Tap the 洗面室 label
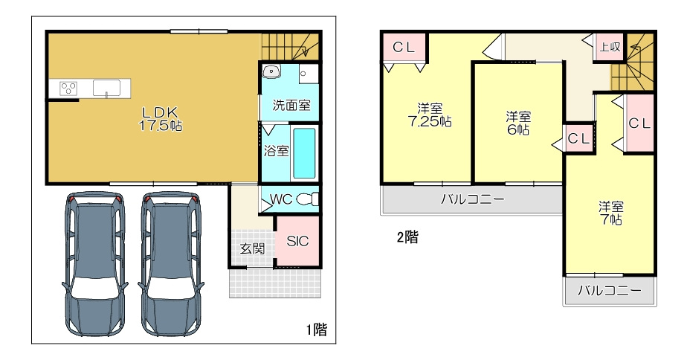click(x=291, y=105)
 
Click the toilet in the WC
click(x=308, y=199)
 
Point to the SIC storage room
click(x=297, y=241)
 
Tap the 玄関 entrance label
click(x=252, y=248)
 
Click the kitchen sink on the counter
click(x=106, y=88)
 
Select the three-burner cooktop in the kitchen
click(x=68, y=88)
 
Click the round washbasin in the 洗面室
click(x=272, y=71)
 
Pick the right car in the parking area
click(x=171, y=263)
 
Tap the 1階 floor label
click(x=316, y=330)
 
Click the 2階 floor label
click(x=407, y=237)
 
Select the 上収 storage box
click(x=610, y=47)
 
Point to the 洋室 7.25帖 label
click(x=430, y=115)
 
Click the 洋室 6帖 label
click(x=518, y=123)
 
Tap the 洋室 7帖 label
click(x=610, y=213)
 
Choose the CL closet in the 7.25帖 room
click(x=404, y=48)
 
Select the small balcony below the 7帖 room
click(x=610, y=290)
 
